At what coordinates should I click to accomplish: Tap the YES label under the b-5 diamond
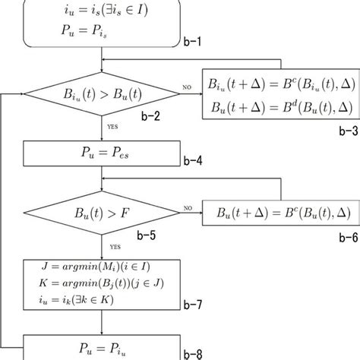click(113, 246)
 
